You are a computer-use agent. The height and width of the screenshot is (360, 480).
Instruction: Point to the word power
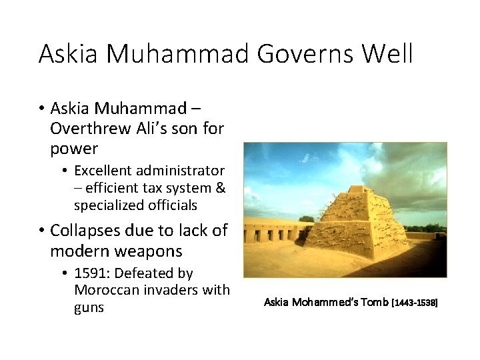pyautogui.click(x=73, y=148)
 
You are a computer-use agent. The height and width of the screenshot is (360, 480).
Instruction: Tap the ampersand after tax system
pyautogui.click(x=221, y=188)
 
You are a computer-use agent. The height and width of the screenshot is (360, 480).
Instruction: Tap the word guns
pyautogui.click(x=89, y=307)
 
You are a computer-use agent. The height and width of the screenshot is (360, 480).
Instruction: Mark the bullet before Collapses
pyautogui.click(x=41, y=231)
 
